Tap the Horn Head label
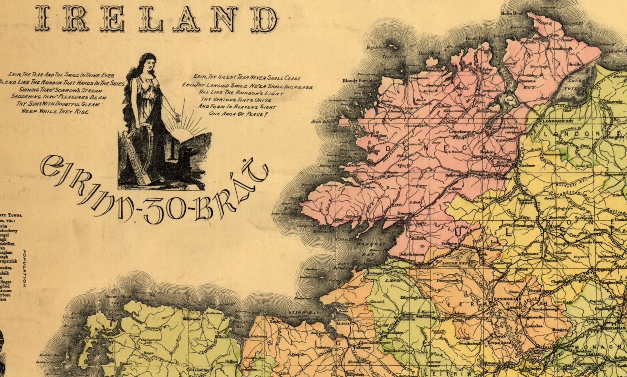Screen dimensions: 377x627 tap(429, 53)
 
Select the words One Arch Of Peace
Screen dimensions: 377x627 tap(238, 114)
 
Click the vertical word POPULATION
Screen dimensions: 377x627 tap(24, 268)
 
